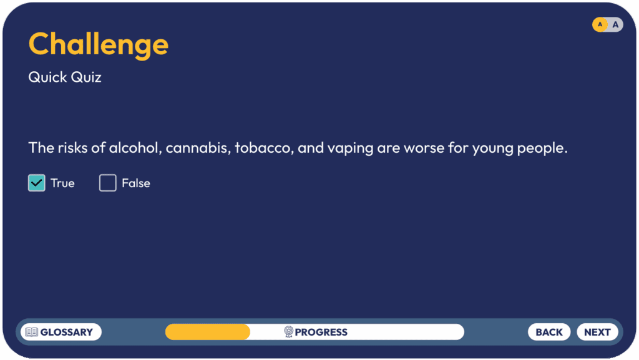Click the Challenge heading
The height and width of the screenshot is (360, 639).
click(x=98, y=45)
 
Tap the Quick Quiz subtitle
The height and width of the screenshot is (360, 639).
click(x=65, y=77)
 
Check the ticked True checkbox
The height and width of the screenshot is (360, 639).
click(x=37, y=183)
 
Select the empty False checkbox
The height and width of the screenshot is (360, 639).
click(x=107, y=183)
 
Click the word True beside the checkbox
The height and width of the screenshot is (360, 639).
click(x=62, y=183)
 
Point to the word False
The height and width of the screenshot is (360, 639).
click(x=135, y=183)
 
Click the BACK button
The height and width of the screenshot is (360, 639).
click(x=549, y=332)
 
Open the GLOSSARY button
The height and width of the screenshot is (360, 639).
click(x=61, y=332)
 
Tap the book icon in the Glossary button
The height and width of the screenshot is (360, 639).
click(x=32, y=332)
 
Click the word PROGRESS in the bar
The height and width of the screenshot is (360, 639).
click(x=321, y=333)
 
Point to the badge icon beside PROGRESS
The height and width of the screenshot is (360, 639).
click(x=288, y=332)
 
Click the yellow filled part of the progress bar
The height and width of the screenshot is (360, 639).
click(x=207, y=332)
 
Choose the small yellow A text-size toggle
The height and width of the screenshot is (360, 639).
click(x=600, y=24)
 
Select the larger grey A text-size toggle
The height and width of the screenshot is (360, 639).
click(x=615, y=24)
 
